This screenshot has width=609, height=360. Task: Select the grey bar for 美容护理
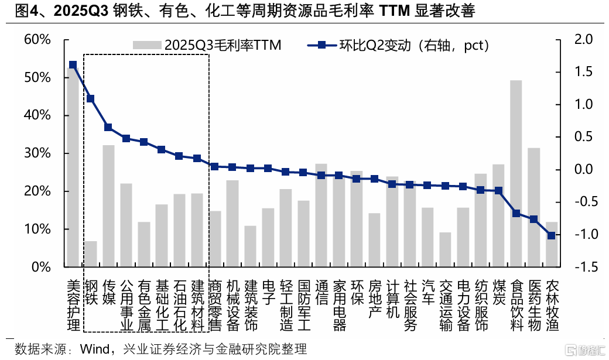73,170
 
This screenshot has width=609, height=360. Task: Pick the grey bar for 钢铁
91,254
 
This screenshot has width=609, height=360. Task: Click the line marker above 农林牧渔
551,235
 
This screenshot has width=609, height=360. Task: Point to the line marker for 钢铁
91,99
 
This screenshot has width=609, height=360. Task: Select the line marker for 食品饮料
516,213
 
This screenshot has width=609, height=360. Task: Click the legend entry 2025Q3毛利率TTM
208,45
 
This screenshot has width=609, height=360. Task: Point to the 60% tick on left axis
37,39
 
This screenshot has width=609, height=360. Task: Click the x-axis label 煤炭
498,293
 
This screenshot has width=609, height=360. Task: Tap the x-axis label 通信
321,293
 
